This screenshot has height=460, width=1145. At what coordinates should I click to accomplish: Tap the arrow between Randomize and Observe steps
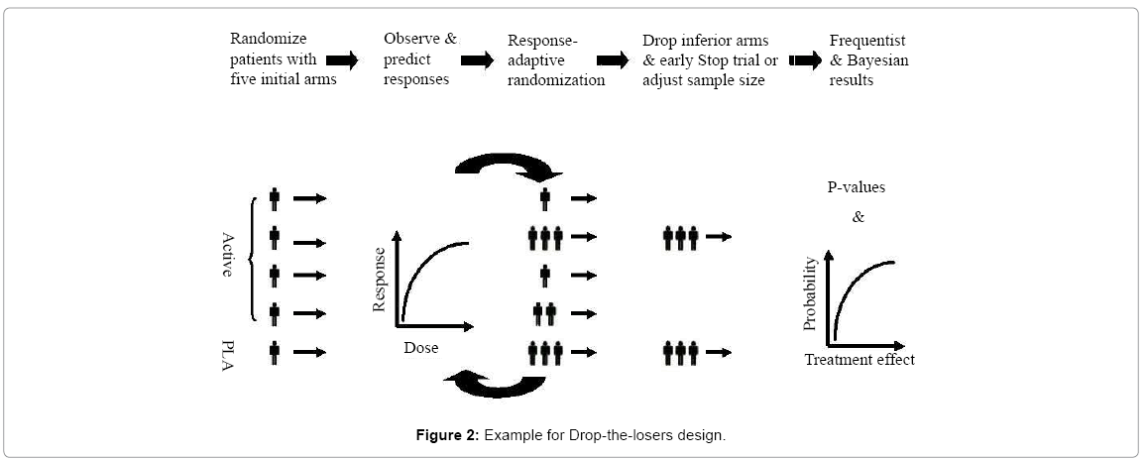[x=343, y=60]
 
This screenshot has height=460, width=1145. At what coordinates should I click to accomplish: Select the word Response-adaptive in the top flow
[x=542, y=41]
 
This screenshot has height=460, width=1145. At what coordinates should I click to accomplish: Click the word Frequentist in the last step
[x=867, y=41]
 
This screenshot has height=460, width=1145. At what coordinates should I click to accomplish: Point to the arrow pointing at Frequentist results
[x=804, y=60]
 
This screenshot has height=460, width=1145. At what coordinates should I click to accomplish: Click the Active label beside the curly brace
[x=228, y=255]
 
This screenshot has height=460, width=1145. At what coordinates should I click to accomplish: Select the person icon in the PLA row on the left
[x=275, y=351]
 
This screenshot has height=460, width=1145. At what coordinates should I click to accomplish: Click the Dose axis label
[x=420, y=348]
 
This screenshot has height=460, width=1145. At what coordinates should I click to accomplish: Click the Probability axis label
[x=810, y=293]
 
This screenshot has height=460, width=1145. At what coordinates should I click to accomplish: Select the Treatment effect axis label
[x=859, y=360]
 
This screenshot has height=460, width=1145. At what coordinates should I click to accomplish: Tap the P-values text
[x=858, y=187]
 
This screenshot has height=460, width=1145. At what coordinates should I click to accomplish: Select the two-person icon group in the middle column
[x=544, y=314]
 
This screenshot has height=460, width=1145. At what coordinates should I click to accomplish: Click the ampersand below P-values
[x=859, y=216]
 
